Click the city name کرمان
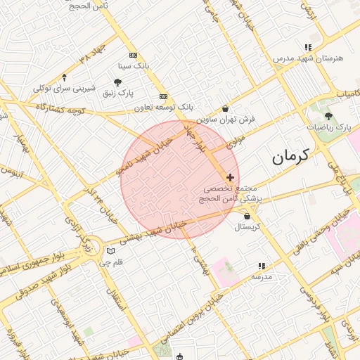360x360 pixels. [290, 157]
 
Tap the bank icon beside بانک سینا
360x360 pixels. [133, 56]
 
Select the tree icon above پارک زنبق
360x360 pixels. [117, 82]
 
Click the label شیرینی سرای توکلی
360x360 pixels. [64, 89]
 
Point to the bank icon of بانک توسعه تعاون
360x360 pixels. [163, 96]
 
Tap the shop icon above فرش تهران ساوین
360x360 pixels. [225, 109]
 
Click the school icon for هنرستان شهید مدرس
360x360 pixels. [308, 47]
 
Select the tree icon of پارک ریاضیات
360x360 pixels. [328, 116]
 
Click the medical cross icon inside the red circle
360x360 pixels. [230, 177]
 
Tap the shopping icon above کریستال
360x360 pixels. [247, 216]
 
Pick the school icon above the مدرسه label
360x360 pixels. [261, 266]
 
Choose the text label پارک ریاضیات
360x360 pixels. [328, 128]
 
